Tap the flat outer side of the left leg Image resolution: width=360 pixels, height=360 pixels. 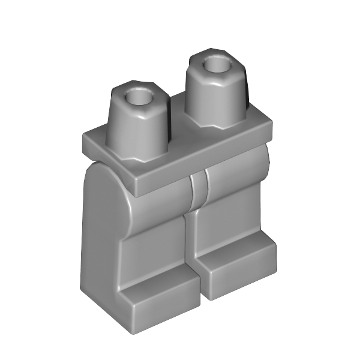99,240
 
